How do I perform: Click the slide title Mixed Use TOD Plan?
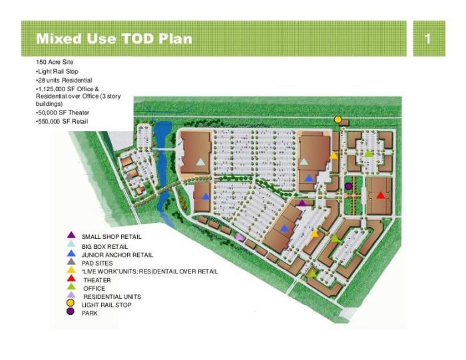(x=114, y=39)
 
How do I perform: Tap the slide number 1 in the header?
(x=428, y=39)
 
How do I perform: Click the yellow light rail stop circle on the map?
(x=338, y=119)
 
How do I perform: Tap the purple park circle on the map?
(x=348, y=186)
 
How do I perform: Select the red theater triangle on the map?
(x=380, y=196)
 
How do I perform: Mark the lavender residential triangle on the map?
(x=239, y=237)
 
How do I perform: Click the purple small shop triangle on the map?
(x=302, y=203)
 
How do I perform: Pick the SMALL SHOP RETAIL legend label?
(x=111, y=237)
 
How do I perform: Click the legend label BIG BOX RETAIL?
(x=105, y=246)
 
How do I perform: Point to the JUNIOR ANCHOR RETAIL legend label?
(x=117, y=255)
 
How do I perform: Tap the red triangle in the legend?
(x=71, y=279)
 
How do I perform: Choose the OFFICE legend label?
(x=94, y=288)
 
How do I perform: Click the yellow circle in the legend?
(x=71, y=304)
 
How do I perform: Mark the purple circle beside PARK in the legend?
(x=71, y=312)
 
